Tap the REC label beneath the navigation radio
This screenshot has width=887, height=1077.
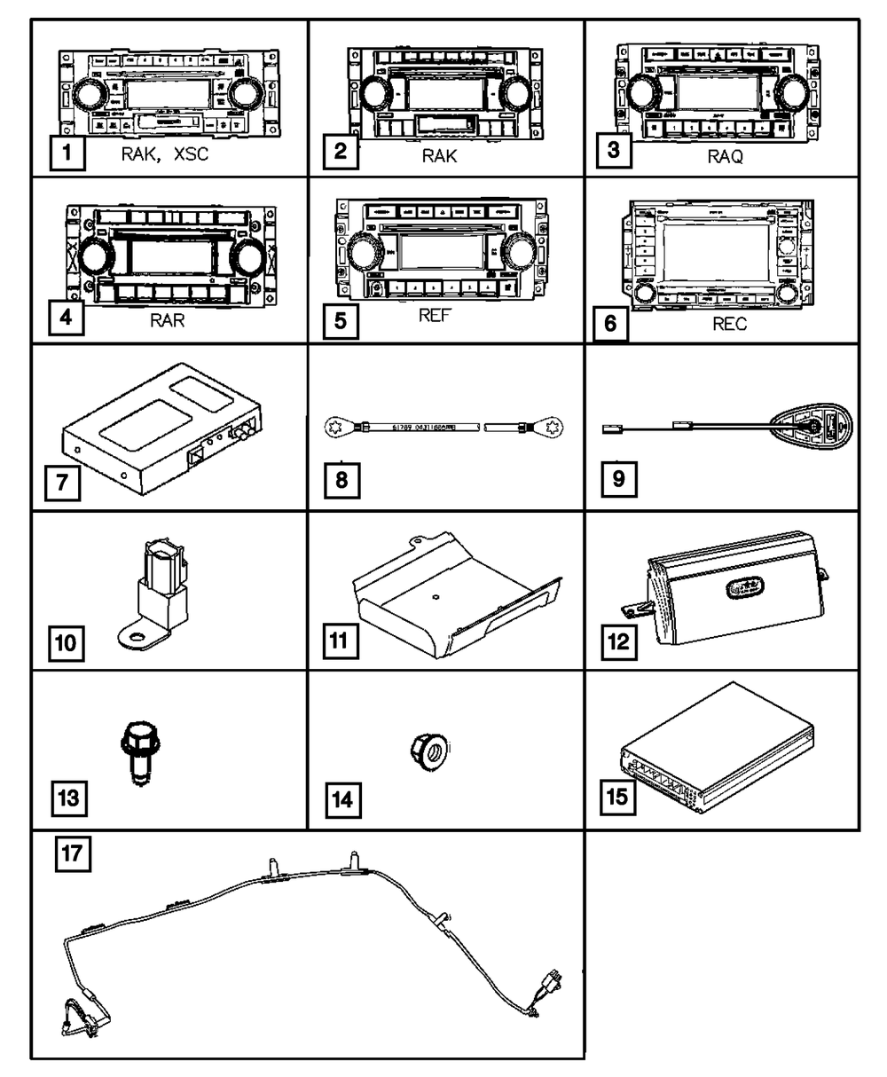[x=729, y=325]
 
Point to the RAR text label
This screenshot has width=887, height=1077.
[x=167, y=320]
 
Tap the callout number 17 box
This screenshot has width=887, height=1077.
[x=70, y=857]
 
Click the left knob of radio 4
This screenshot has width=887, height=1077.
[x=91, y=257]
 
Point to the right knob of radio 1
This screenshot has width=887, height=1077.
[x=243, y=94]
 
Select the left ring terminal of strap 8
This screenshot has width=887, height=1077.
[x=334, y=428]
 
